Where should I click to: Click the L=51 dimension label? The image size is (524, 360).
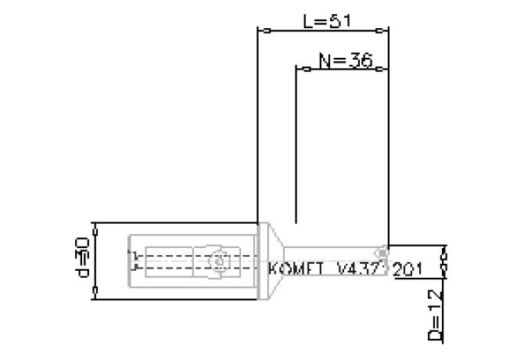click(x=324, y=21)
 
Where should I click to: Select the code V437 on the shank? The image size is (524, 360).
click(x=358, y=268)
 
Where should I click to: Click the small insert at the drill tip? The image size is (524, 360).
click(x=381, y=253)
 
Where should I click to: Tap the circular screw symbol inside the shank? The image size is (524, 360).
click(x=221, y=260)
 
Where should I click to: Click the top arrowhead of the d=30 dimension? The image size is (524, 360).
click(x=95, y=229)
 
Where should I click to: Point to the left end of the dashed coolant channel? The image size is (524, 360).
click(x=133, y=260)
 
